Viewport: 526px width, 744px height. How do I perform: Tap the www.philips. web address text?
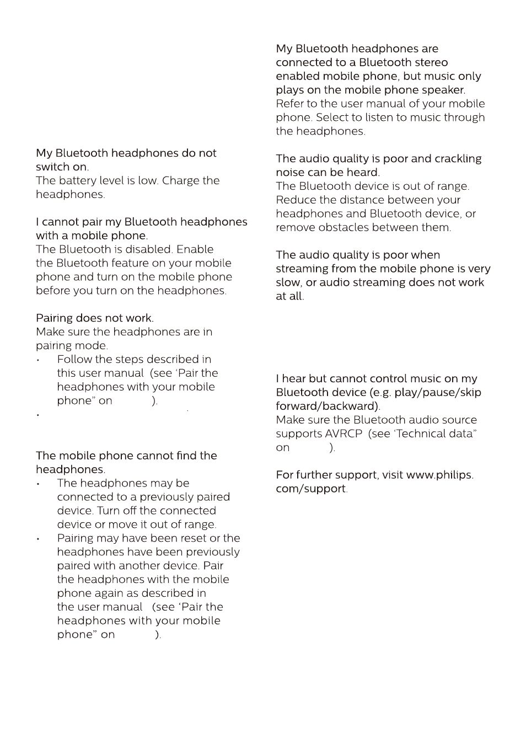coord(432,475)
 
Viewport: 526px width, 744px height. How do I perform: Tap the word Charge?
coord(178,180)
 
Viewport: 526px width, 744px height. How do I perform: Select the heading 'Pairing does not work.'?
coord(95,318)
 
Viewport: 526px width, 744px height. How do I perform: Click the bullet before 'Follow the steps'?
coord(38,361)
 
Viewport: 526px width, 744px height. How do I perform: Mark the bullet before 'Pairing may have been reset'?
coord(38,539)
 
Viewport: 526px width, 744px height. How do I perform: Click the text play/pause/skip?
coord(438,392)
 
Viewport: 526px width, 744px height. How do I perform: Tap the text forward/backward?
coord(328,406)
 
